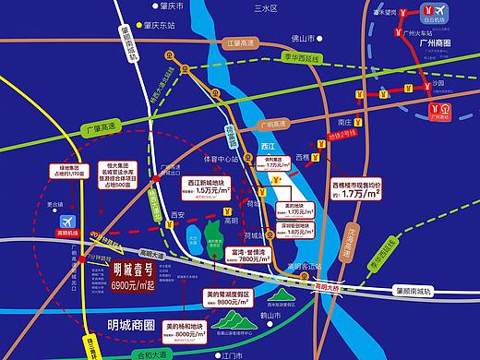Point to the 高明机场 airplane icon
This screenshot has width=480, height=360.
coord(67,222)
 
